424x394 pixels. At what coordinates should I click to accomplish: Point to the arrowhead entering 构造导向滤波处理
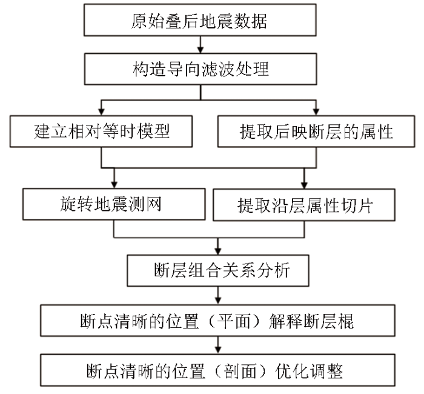(x=200, y=50)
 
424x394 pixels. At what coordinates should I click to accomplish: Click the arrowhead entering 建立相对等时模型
(x=101, y=112)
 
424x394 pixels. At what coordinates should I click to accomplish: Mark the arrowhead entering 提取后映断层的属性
(x=316, y=112)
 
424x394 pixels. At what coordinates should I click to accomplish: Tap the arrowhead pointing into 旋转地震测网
(x=114, y=185)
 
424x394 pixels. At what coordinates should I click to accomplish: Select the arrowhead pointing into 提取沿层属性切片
(x=304, y=185)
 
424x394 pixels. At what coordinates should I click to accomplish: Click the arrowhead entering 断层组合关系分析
(x=218, y=251)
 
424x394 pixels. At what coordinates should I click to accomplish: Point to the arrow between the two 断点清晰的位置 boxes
(x=218, y=346)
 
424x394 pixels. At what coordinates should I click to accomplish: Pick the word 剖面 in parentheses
(x=240, y=371)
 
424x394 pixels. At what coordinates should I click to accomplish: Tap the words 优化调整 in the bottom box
(x=309, y=371)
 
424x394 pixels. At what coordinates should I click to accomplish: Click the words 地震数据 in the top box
(x=233, y=21)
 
